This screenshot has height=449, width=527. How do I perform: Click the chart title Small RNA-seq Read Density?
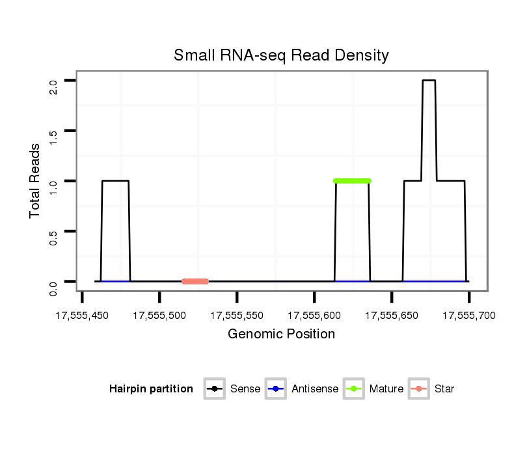tap(281, 55)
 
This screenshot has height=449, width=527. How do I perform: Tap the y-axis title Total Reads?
tap(36, 181)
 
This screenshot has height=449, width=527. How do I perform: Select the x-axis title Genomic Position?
tap(281, 334)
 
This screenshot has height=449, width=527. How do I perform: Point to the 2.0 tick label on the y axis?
tap(54, 87)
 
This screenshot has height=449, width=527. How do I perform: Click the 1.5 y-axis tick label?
tap(54, 137)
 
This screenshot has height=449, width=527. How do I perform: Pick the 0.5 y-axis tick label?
tap(54, 238)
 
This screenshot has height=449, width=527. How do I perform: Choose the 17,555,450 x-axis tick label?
tap(82, 316)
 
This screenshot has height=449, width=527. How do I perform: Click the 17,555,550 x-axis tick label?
tap(237, 316)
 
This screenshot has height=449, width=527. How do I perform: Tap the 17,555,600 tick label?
tap(314, 316)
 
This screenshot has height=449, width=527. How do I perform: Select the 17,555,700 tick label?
tap(468, 316)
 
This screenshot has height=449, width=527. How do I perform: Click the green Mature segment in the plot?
tap(352, 181)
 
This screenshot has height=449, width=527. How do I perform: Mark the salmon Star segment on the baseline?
tap(195, 281)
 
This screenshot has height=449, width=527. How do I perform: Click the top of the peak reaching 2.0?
tap(429, 81)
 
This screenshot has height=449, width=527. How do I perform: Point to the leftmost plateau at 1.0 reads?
tap(116, 181)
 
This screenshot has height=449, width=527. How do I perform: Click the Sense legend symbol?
tap(214, 389)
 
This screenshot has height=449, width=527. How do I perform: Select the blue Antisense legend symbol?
tap(276, 389)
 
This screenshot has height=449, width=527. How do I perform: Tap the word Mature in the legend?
tap(386, 389)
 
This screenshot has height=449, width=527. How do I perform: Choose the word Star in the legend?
tap(444, 389)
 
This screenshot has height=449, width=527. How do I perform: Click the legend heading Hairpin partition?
tap(151, 389)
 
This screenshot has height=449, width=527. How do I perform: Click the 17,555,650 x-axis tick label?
tap(392, 316)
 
